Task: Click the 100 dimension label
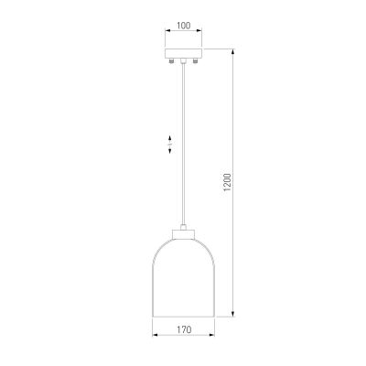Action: pyautogui.click(x=183, y=26)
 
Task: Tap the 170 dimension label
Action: pyautogui.click(x=184, y=329)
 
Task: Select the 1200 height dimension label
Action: pyautogui.click(x=228, y=182)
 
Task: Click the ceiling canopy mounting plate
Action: pyautogui.click(x=183, y=53)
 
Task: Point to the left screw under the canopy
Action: pyautogui.click(x=172, y=61)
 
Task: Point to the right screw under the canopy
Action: pyautogui.click(x=195, y=61)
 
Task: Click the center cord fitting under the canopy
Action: pyautogui.click(x=183, y=61)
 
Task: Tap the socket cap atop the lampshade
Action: pyautogui.click(x=183, y=234)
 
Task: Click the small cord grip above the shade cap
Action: pyautogui.click(x=183, y=227)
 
